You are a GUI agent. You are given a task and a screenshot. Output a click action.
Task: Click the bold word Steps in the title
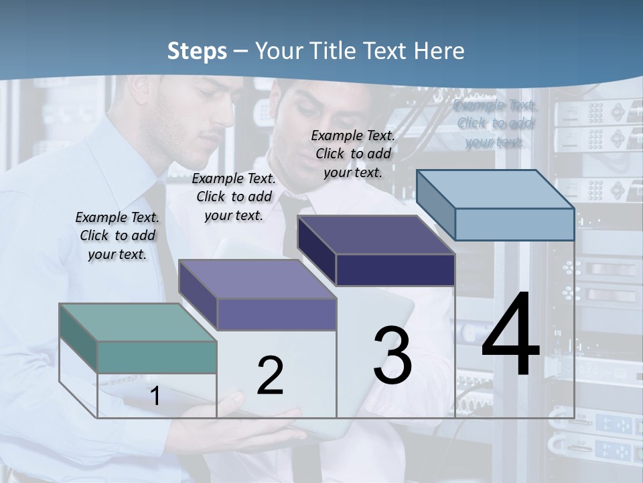coord(197,51)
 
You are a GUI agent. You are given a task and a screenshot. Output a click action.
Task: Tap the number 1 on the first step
coord(155,396)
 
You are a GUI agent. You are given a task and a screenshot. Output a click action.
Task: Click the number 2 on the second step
coord(270,376)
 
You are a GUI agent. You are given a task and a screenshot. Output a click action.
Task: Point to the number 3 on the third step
coord(392,355)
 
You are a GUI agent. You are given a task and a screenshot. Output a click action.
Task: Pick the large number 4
coord(510,335)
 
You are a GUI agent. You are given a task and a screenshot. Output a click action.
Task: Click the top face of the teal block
coord(137,322)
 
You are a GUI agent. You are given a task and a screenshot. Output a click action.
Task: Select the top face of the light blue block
coord(496,189)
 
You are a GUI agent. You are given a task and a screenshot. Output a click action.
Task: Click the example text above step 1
coord(117,235)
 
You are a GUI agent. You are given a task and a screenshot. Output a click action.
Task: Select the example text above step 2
coord(234,197)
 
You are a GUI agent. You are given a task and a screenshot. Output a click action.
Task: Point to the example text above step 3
coord(353,154)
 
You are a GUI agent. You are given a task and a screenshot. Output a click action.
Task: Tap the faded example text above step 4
coord(496,123)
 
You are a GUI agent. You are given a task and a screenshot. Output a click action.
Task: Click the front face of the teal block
coord(157,357)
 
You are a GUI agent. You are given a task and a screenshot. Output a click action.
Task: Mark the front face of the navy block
coord(395,270)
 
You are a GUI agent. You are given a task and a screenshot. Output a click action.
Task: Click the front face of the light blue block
coord(514,224)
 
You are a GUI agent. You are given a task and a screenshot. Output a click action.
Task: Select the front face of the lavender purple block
coord(277,315)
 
